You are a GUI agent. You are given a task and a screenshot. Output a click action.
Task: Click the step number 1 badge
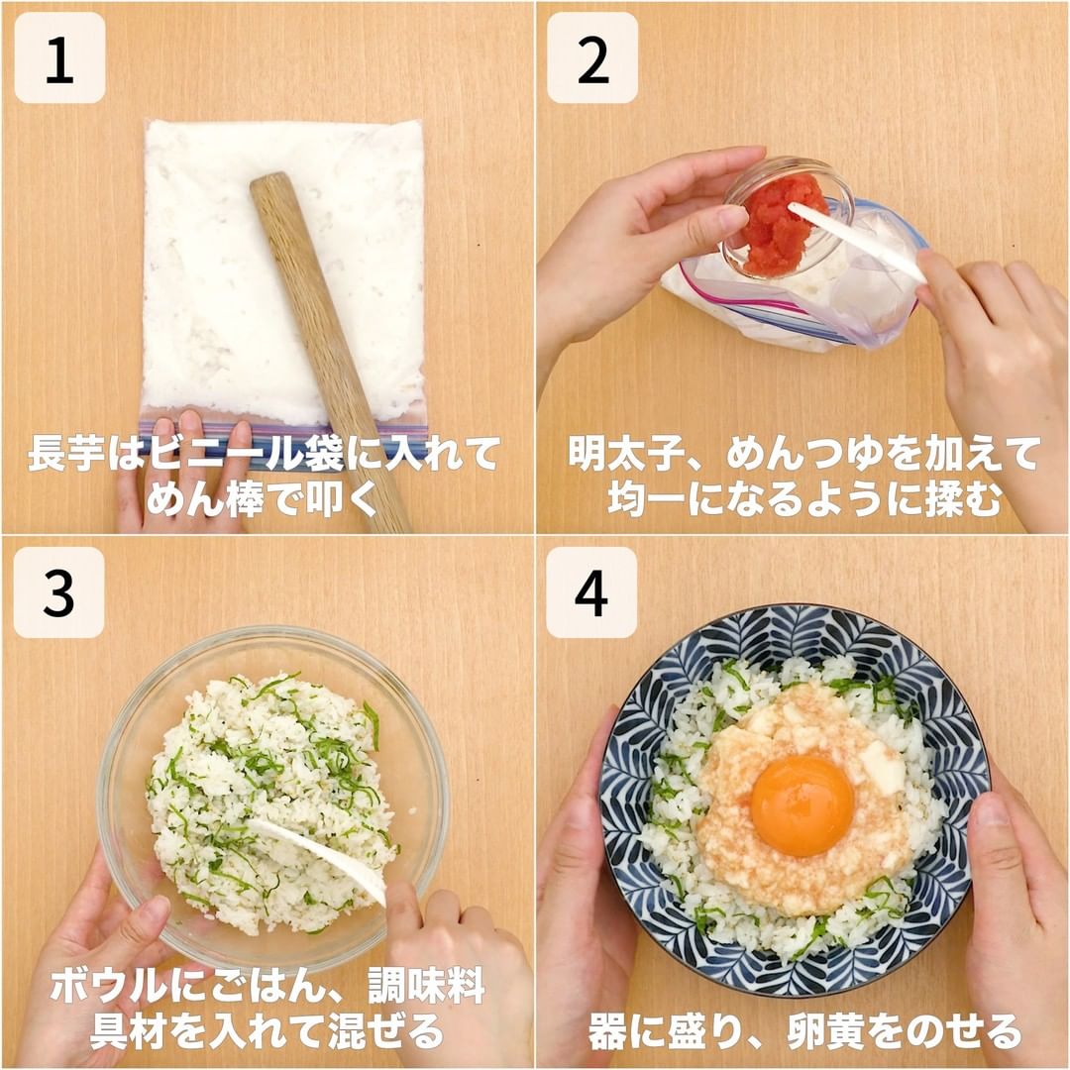coord(60,58)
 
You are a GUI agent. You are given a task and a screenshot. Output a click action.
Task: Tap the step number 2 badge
coord(592,58)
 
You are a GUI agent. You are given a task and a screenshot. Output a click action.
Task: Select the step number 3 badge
coord(58,592)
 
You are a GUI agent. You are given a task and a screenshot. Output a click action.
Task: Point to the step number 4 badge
coord(590,592)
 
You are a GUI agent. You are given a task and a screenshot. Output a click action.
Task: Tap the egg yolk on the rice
coord(802,805)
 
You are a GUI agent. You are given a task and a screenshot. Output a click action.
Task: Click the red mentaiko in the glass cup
coord(778,225)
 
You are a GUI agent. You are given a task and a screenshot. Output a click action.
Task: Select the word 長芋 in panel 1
coord(67,453)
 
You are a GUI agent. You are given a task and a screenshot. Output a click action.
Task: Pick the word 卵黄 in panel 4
coord(827,1031)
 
